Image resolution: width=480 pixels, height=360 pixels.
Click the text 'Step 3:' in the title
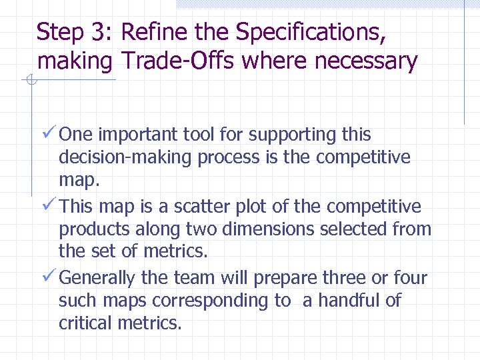pos(76,31)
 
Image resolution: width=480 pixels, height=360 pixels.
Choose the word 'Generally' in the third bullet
pos(101,278)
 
